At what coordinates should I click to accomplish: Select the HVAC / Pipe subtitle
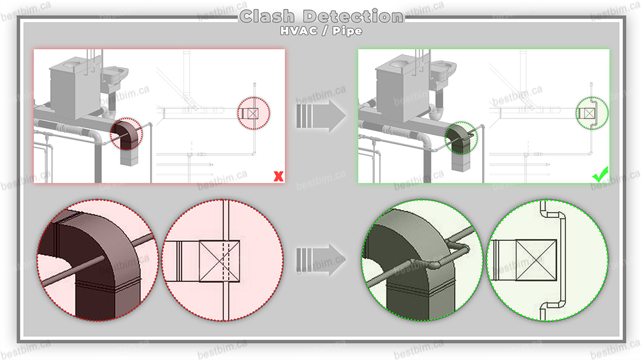[320, 30]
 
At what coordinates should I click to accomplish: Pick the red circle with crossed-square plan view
[222, 261]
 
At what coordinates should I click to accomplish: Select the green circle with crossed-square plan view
[547, 261]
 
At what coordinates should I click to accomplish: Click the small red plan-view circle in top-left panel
[254, 114]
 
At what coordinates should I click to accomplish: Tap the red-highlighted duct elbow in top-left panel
[128, 133]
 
